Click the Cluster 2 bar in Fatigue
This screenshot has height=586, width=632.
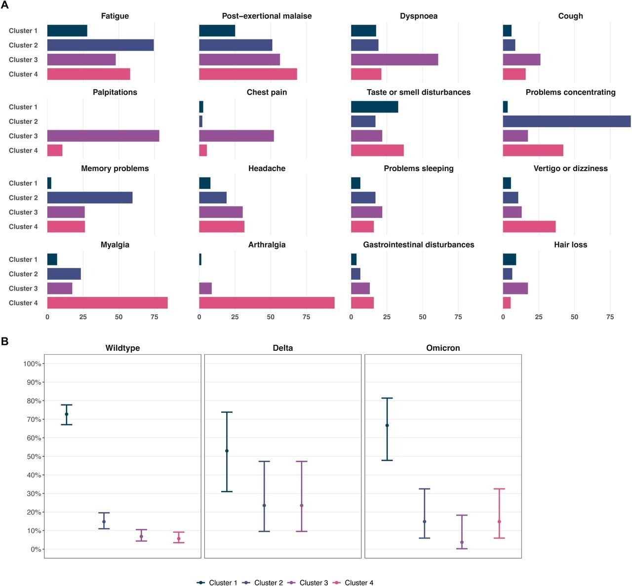tap(100, 45)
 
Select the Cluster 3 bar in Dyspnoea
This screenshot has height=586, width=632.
tap(395, 60)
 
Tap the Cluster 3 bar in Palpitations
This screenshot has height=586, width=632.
tap(103, 136)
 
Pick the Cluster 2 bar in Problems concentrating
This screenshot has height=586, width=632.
tap(566, 121)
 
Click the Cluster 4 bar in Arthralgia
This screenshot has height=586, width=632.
tap(267, 303)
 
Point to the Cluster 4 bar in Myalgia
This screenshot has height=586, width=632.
tap(108, 303)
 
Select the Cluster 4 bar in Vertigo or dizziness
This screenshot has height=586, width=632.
tap(529, 226)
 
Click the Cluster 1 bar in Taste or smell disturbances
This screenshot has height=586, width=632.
tap(374, 107)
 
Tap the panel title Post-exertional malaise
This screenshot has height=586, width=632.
tap(267, 16)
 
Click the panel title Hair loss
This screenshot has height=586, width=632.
tap(570, 245)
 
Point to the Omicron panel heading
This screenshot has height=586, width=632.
tap(443, 348)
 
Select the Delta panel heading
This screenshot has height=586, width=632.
tap(282, 348)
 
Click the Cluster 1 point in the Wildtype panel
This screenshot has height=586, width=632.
tap(67, 414)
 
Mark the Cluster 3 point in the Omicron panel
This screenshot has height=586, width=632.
tap(462, 542)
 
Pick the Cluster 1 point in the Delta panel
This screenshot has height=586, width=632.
tap(227, 451)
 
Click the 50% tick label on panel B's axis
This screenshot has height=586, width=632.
tap(32, 456)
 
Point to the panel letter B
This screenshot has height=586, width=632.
tap(5, 341)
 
